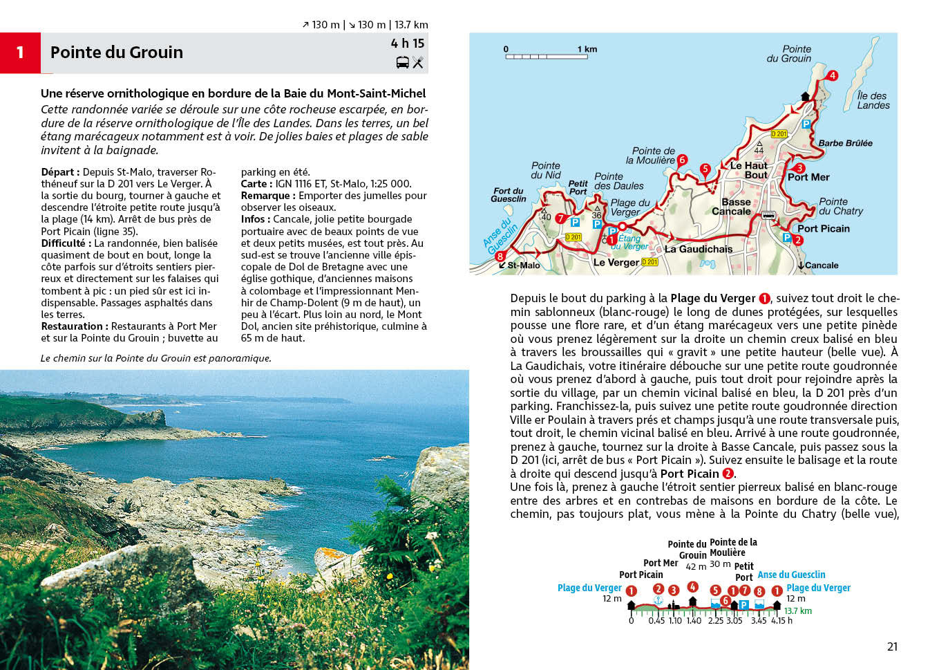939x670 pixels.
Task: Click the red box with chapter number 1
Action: pyautogui.click(x=20, y=53)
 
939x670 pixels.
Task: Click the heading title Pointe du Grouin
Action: pyautogui.click(x=117, y=53)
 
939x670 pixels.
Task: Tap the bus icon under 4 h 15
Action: pyautogui.click(x=402, y=63)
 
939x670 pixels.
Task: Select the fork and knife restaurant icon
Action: pyautogui.click(x=418, y=63)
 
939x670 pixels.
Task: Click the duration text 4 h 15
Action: pyautogui.click(x=408, y=43)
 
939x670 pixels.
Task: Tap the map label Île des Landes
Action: pyautogui.click(x=873, y=101)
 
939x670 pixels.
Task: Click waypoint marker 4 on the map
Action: pyautogui.click(x=832, y=75)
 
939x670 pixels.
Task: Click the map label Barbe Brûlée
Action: pyautogui.click(x=845, y=143)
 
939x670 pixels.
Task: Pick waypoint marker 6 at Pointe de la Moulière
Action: pyautogui.click(x=682, y=160)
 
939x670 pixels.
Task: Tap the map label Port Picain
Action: pyautogui.click(x=823, y=228)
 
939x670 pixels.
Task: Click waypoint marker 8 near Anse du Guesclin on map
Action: pyautogui.click(x=500, y=256)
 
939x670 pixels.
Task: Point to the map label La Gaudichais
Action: pyautogui.click(x=698, y=249)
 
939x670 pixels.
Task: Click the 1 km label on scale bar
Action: pyautogui.click(x=587, y=49)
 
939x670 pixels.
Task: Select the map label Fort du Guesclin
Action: pyautogui.click(x=509, y=195)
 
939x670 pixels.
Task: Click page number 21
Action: pyautogui.click(x=892, y=646)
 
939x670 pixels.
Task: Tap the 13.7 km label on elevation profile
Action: pyautogui.click(x=798, y=611)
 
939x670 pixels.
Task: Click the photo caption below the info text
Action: pyautogui.click(x=156, y=358)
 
